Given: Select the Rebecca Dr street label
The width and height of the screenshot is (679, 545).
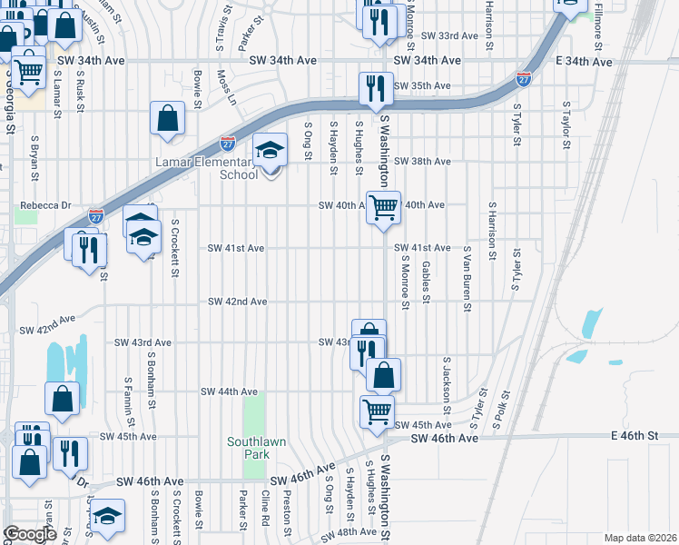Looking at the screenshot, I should pos(46,205).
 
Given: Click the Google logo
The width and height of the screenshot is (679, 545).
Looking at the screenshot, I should pos(29,533).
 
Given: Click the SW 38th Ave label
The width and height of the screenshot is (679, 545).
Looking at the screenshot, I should pos(422,162).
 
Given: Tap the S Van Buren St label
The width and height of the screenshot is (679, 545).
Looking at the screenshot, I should pos(467,278).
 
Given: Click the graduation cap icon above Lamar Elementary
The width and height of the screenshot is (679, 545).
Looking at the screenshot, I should pos(268,150).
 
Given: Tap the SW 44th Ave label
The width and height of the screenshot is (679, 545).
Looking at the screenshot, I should pos(230,391).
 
